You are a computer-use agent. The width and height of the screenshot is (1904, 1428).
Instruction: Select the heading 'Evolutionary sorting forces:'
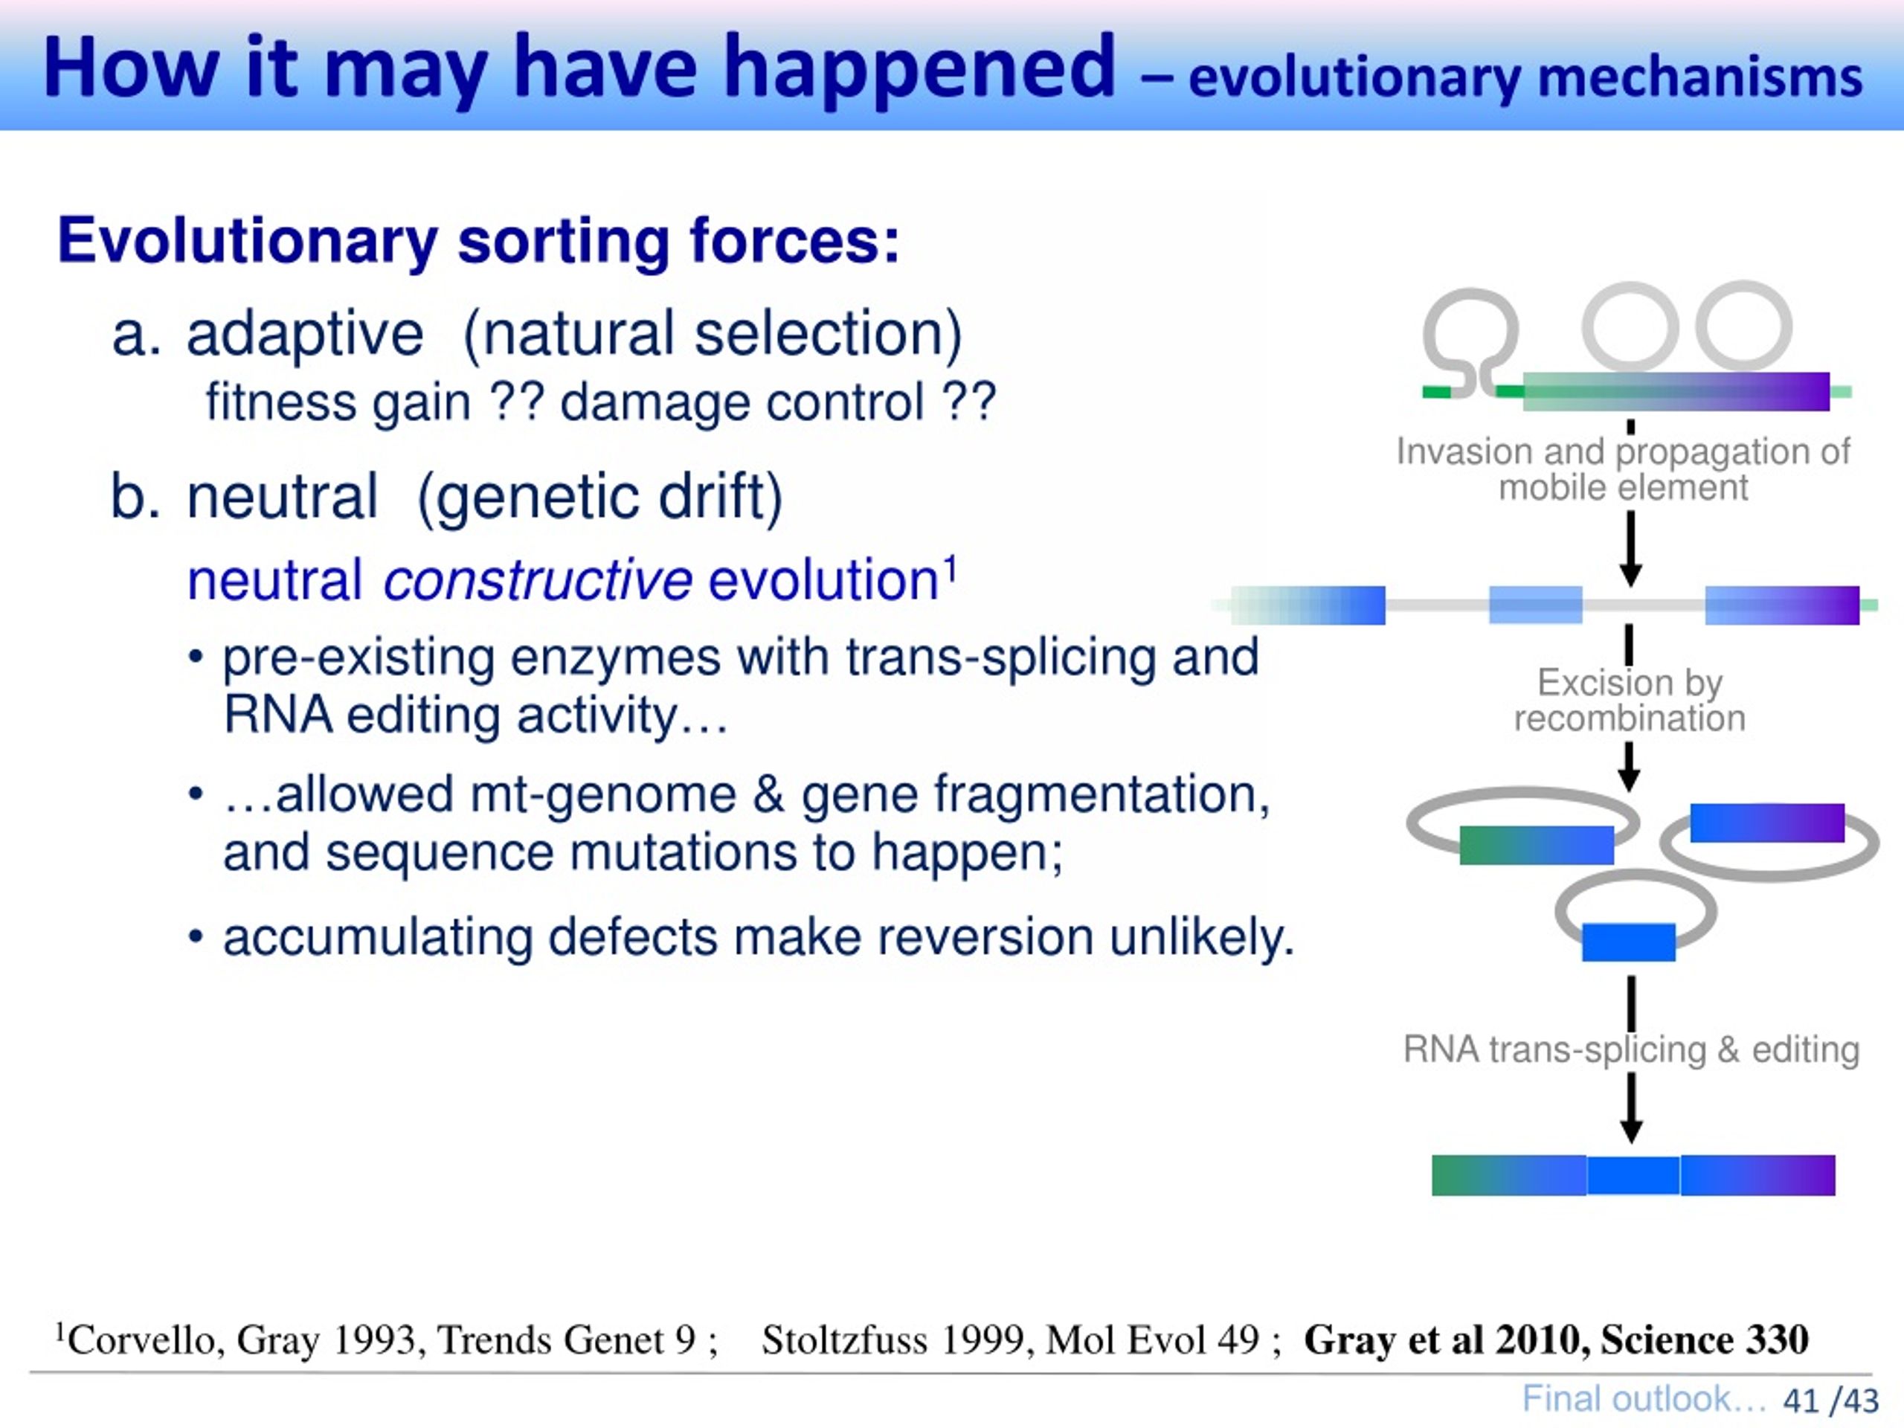click(478, 241)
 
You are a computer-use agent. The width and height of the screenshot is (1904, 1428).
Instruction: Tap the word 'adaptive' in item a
click(306, 335)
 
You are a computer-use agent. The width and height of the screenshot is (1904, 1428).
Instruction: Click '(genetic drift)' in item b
click(600, 498)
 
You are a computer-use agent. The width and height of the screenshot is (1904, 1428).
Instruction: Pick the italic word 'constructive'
click(538, 579)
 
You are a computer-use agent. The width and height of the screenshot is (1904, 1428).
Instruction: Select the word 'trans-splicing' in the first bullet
click(1000, 657)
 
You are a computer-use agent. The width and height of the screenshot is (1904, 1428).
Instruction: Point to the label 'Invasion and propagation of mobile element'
click(1623, 469)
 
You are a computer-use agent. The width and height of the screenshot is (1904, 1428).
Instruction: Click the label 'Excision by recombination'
click(1630, 700)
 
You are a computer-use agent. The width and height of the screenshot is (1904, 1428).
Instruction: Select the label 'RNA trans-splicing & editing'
click(1631, 1049)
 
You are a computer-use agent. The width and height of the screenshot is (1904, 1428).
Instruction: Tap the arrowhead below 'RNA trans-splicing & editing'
click(1631, 1131)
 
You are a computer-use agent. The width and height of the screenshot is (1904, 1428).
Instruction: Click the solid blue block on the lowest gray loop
click(1629, 942)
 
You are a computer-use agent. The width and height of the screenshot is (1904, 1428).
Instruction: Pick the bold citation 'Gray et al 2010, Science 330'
click(1556, 1339)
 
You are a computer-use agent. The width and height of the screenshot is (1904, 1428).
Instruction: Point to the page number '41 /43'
click(1831, 1400)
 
